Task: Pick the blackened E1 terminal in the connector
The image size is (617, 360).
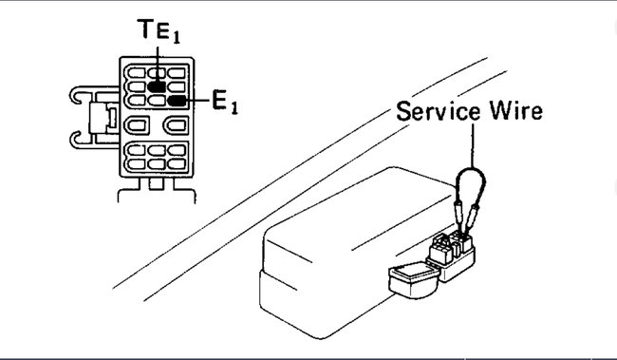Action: click(175, 99)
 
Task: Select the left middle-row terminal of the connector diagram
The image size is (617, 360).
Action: click(136, 125)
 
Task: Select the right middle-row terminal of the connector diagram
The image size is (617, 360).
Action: click(174, 125)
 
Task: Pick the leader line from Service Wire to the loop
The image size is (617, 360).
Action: click(472, 142)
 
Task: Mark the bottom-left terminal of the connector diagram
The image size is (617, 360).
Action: click(134, 162)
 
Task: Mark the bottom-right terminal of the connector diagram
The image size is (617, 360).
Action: click(175, 162)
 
